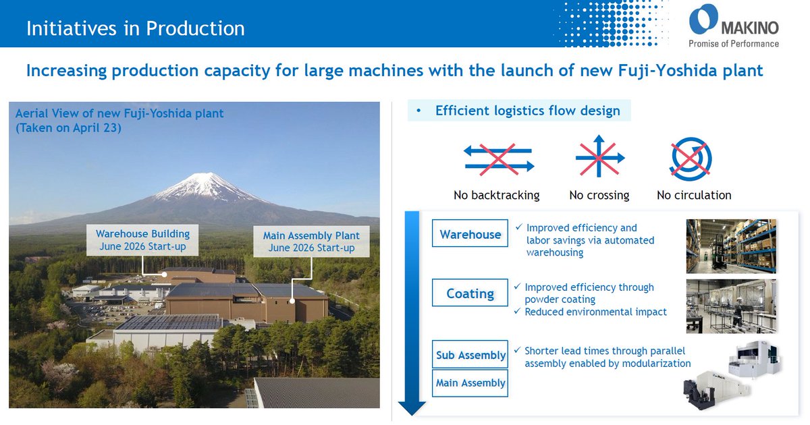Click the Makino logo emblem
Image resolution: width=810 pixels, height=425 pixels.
[x=703, y=19]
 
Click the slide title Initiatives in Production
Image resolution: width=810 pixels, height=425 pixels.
[x=136, y=28]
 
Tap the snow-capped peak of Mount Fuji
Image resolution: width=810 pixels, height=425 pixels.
[x=205, y=186]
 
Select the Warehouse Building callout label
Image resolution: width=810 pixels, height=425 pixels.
[x=142, y=240]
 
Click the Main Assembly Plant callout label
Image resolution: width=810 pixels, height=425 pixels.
[x=311, y=242]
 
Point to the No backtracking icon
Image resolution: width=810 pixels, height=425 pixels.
[x=499, y=159]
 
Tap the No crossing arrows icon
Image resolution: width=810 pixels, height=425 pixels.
[x=599, y=156]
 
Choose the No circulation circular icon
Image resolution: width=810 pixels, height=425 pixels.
[x=691, y=159]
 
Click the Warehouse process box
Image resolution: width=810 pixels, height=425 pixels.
[x=470, y=233]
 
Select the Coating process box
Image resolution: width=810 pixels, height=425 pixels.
[x=470, y=293]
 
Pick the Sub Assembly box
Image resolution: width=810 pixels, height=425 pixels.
[x=470, y=354]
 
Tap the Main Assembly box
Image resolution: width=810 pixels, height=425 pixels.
[x=470, y=383]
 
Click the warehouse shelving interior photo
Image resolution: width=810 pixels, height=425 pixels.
[x=731, y=246]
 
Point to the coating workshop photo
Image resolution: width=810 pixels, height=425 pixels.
[x=731, y=306]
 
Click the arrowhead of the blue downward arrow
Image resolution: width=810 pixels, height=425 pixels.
[x=412, y=408]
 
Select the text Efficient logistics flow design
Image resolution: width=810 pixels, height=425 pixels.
[x=528, y=111]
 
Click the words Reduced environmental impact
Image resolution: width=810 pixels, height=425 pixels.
[x=595, y=312]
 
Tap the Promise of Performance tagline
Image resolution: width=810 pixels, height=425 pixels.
[x=734, y=44]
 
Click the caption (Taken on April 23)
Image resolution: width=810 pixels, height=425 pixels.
[x=68, y=128]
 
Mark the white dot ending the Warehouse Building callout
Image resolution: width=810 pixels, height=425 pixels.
[x=164, y=275]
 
